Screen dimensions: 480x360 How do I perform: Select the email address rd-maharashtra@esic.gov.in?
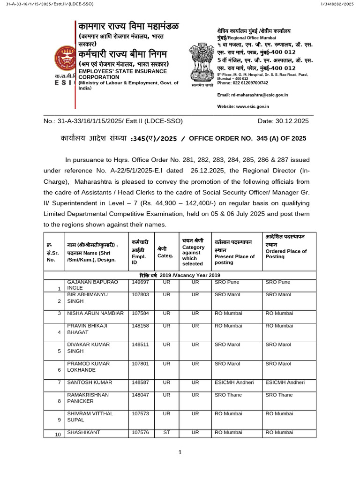[x=252, y=95]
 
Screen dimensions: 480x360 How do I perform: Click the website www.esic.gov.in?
[x=243, y=106]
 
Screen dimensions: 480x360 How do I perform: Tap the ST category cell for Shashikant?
[x=166, y=432]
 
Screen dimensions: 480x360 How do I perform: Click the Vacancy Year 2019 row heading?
[x=180, y=275]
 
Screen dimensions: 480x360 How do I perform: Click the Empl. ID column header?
[x=139, y=251]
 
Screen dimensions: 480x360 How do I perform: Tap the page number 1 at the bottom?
[x=180, y=452]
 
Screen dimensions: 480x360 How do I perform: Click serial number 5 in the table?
[x=59, y=351]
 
